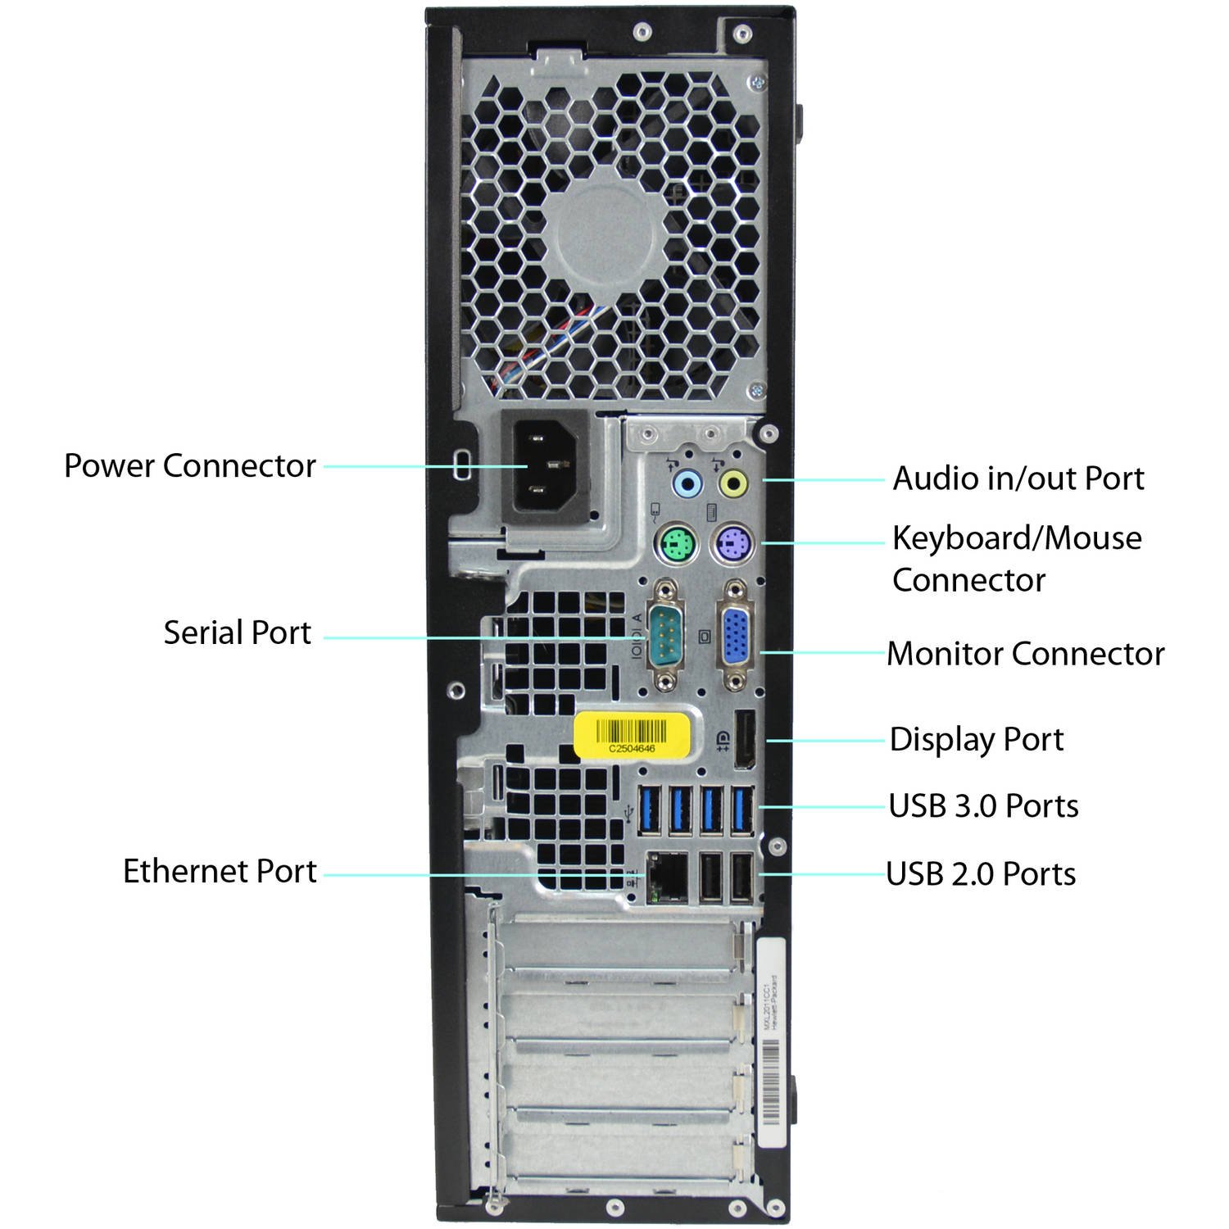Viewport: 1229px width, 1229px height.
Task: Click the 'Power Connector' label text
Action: coord(189,466)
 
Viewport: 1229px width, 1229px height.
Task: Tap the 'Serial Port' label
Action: coord(237,633)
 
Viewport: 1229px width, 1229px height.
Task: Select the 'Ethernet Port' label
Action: coord(220,871)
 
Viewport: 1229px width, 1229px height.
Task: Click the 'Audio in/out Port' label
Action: coord(1018,478)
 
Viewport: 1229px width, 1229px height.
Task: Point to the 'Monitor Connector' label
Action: coord(1025,654)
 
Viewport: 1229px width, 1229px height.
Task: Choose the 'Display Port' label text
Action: coord(976,740)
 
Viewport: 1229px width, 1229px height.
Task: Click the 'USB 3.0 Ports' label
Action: coord(983,806)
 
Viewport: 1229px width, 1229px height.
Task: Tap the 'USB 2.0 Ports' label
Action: coord(981,874)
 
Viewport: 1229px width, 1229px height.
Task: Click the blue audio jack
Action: coord(687,483)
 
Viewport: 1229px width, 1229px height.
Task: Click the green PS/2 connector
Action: coord(676,543)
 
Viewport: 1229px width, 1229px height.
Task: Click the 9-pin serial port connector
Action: coord(665,636)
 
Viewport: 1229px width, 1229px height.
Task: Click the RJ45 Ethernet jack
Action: coord(667,878)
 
